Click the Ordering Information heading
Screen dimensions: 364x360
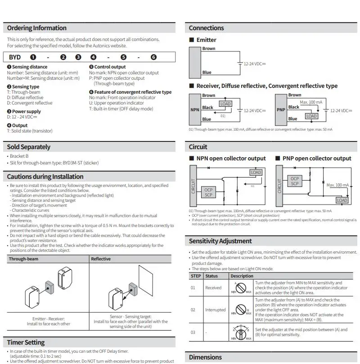[x=36, y=28]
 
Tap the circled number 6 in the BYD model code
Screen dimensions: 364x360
[x=153, y=57]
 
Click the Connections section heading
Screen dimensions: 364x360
[x=206, y=28]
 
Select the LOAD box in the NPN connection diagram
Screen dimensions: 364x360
[x=225, y=104]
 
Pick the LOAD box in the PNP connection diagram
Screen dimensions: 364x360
[x=311, y=116]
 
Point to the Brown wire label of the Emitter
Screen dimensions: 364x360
[x=209, y=49]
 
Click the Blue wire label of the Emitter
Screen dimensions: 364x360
[x=207, y=72]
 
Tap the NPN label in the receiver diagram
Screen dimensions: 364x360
[x=195, y=109]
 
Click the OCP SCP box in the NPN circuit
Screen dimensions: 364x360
[x=208, y=192]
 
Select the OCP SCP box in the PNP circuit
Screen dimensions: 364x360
[x=294, y=181]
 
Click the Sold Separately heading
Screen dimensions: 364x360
[x=29, y=147]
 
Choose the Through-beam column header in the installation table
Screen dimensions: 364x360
[x=23, y=259]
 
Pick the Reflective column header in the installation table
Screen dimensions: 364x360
[x=101, y=259]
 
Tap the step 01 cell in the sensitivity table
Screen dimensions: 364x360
[x=193, y=287]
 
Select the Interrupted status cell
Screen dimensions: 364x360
[x=215, y=310]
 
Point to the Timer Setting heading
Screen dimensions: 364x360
[x=26, y=342]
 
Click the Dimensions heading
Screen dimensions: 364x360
[x=205, y=357]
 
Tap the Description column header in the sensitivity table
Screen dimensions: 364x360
[x=242, y=276]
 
